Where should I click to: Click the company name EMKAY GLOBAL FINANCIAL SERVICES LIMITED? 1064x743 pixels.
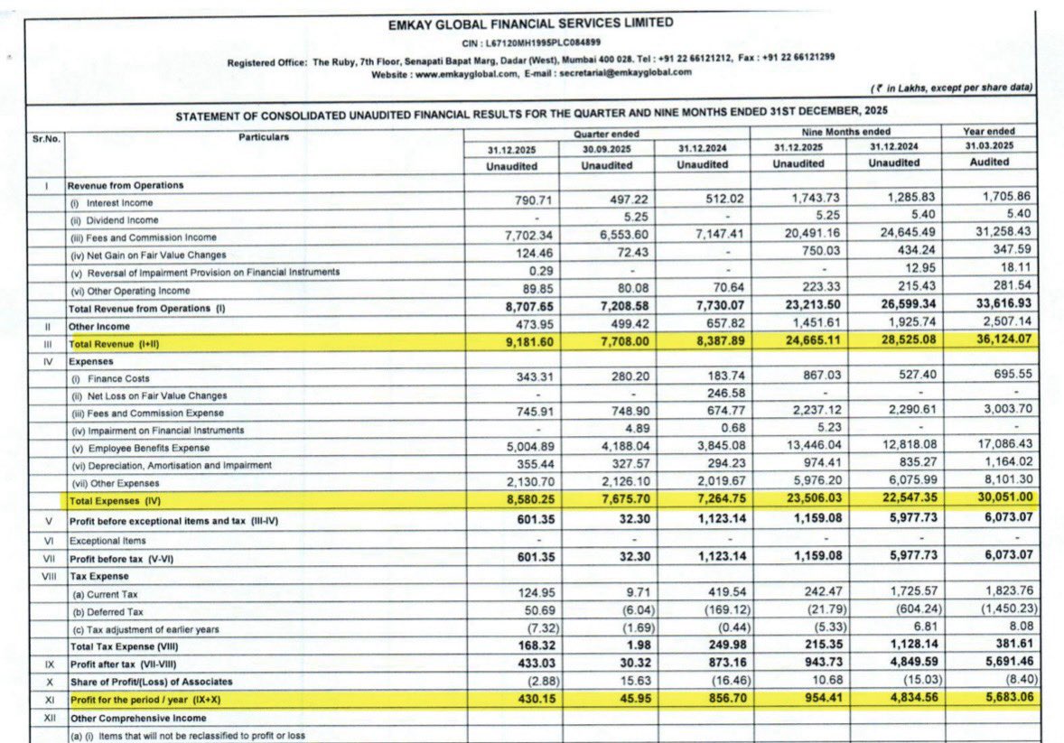(x=530, y=23)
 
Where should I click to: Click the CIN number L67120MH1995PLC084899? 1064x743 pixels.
(x=544, y=42)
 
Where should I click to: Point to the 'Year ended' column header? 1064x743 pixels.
(x=988, y=131)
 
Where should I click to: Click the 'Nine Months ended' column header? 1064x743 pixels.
(x=846, y=131)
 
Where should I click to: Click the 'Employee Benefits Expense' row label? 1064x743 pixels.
(x=140, y=448)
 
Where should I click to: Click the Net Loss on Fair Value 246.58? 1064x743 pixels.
(x=706, y=395)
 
